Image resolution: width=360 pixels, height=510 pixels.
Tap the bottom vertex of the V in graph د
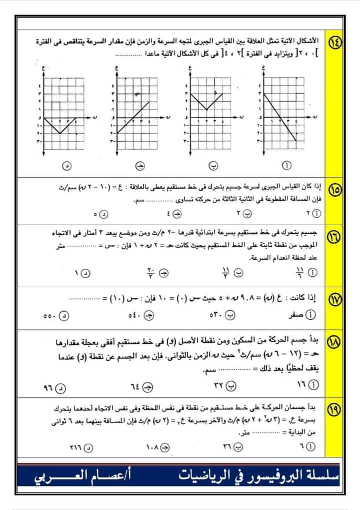coord(60,134)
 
